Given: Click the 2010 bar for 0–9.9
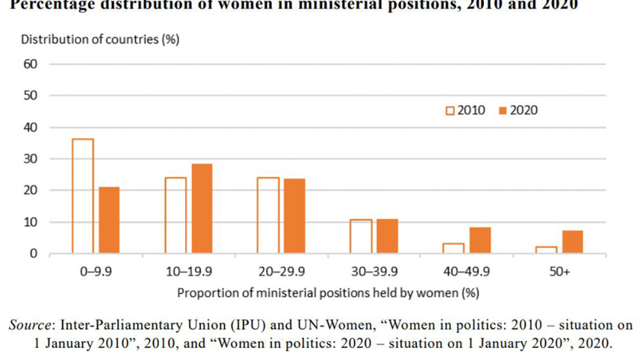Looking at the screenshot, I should point(83,196).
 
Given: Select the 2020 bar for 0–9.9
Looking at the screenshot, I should point(109,220).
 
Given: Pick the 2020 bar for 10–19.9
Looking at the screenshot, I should point(202,208).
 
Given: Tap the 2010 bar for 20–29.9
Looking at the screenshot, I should point(268,216).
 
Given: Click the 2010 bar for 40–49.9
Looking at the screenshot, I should point(453,249).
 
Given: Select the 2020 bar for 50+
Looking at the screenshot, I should point(573,242).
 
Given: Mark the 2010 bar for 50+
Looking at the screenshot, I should point(547,250).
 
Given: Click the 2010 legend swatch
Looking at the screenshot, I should point(450,111).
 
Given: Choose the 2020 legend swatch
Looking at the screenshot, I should point(503,111).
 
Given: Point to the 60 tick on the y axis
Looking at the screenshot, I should point(31,64).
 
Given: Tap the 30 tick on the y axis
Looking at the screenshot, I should point(31,159).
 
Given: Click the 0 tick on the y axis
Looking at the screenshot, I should point(34,254).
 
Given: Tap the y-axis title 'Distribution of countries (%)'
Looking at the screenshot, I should point(100,39).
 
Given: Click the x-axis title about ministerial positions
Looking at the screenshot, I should point(328,292).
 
